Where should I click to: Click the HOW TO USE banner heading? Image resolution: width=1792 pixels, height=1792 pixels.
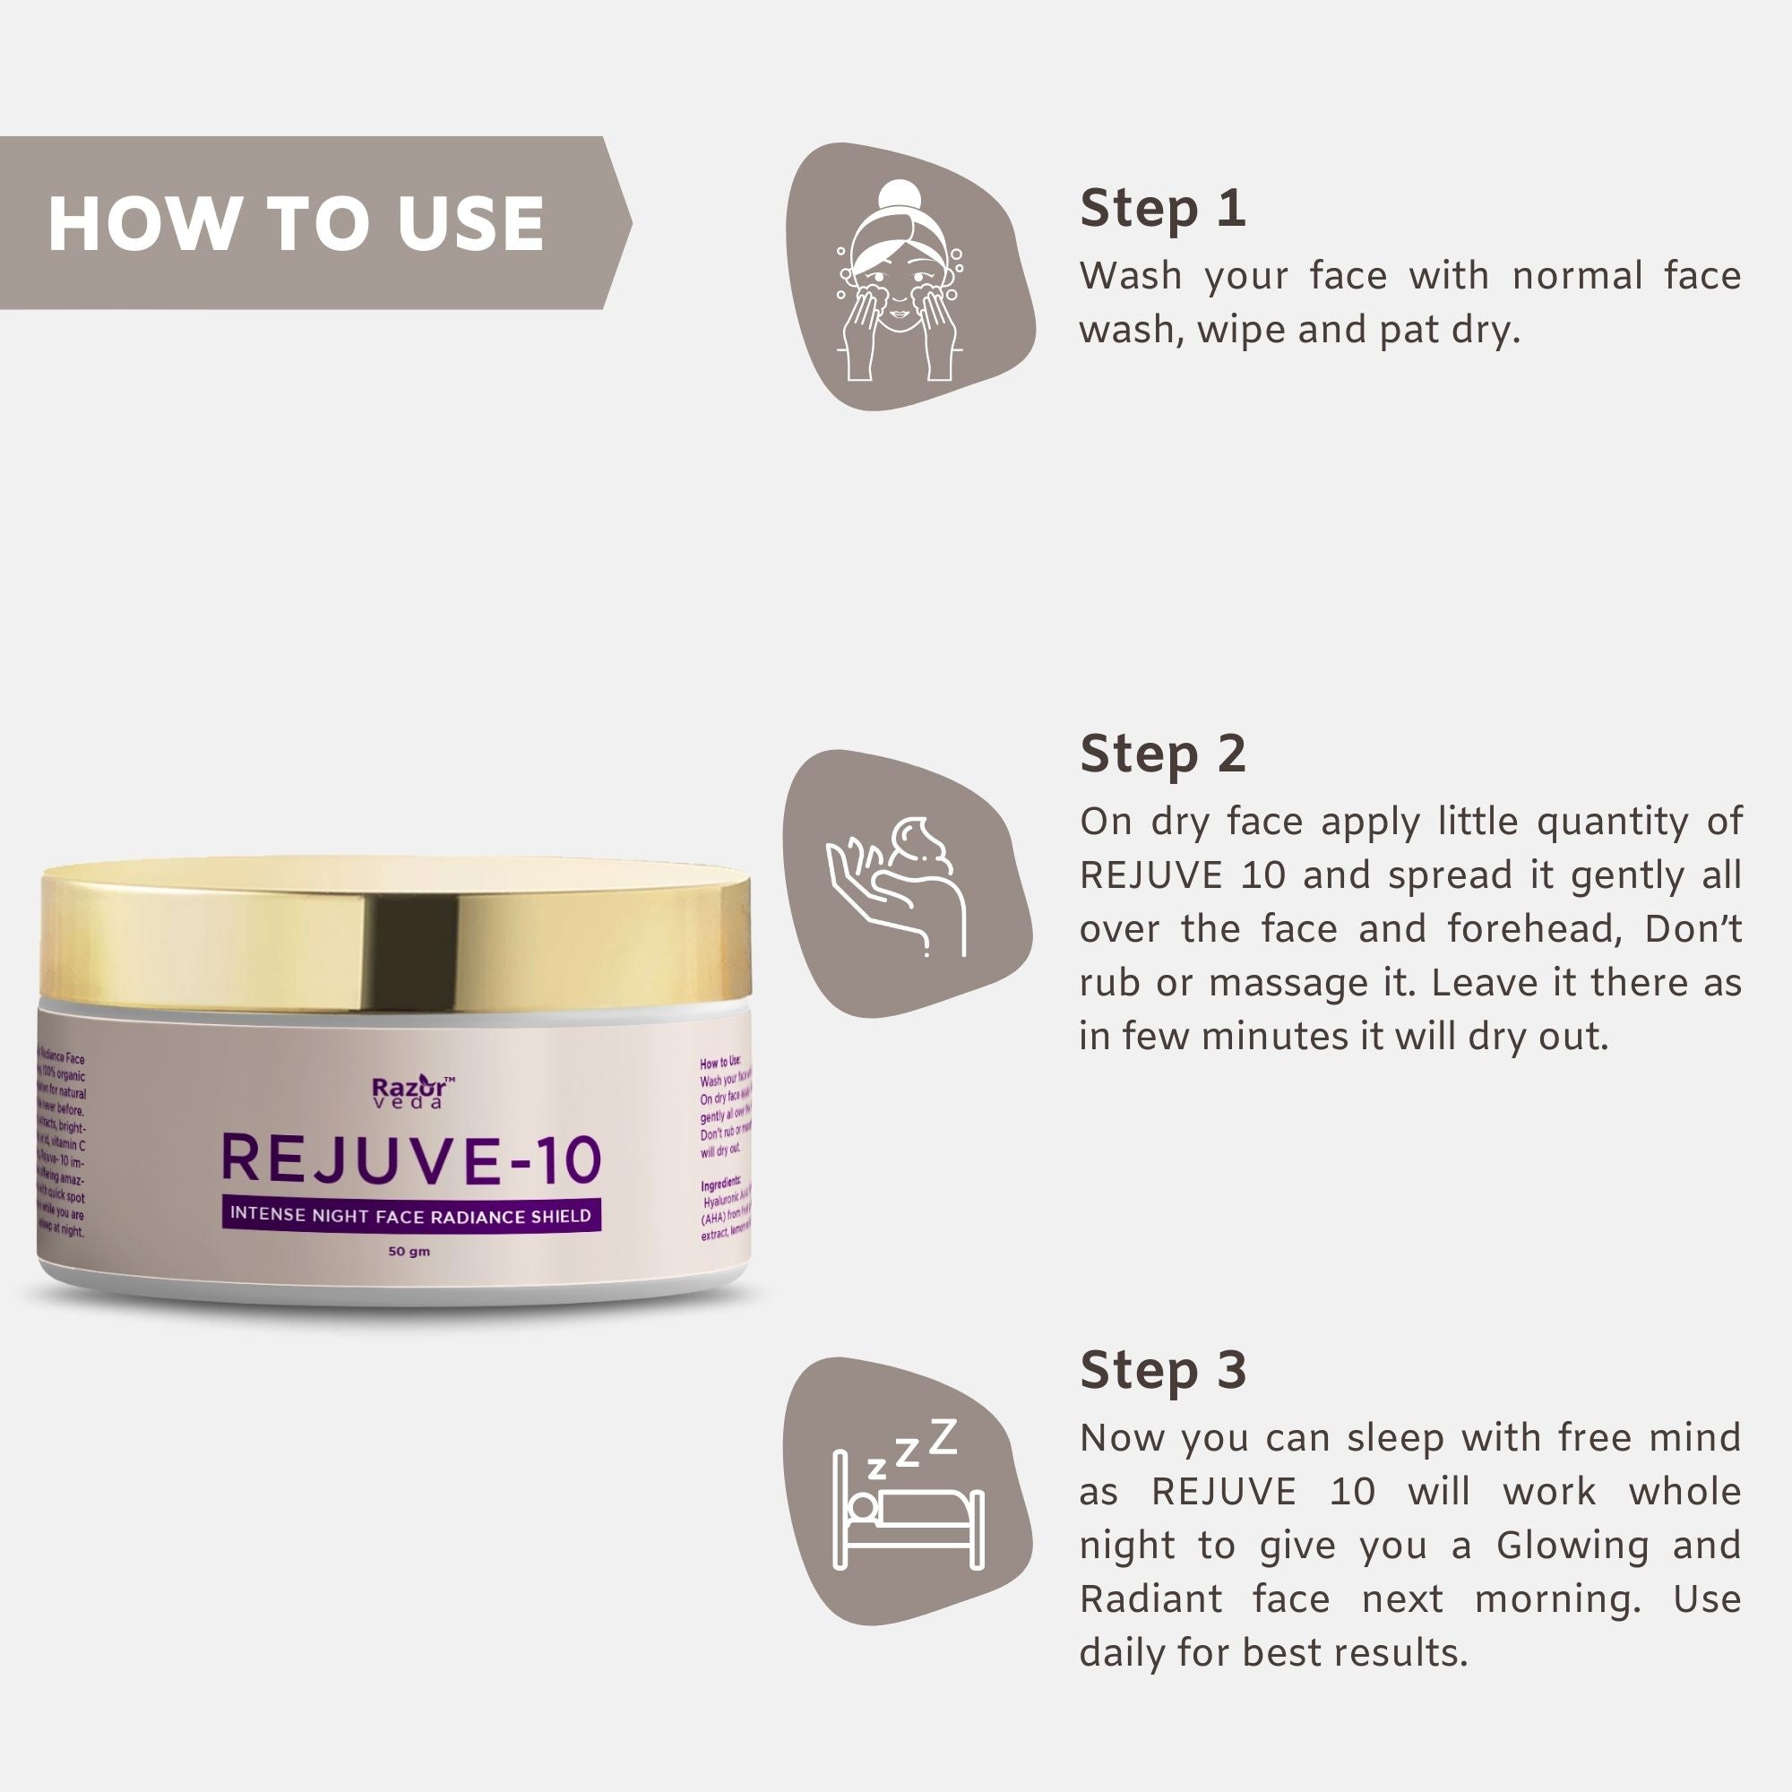coord(295,223)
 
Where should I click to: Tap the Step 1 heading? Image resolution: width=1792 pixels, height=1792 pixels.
coord(1162,208)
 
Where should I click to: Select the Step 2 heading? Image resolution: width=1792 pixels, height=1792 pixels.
coord(1162,754)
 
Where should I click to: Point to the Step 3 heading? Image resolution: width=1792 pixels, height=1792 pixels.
coord(1162,1369)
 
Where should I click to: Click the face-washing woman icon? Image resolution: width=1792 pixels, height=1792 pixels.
coord(900,279)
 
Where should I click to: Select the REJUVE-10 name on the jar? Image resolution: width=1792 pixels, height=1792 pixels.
coord(411,1160)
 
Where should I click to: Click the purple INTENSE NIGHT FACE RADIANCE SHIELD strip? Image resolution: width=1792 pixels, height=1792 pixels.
coord(411,1215)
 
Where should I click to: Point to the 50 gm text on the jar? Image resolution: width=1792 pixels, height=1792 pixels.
coord(409,1251)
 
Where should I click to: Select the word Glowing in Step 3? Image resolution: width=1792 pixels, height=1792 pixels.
coord(1572,1546)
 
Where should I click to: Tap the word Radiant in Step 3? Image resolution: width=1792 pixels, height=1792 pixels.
coord(1150,1599)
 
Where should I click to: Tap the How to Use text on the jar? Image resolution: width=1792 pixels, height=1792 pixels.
coord(719,1063)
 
